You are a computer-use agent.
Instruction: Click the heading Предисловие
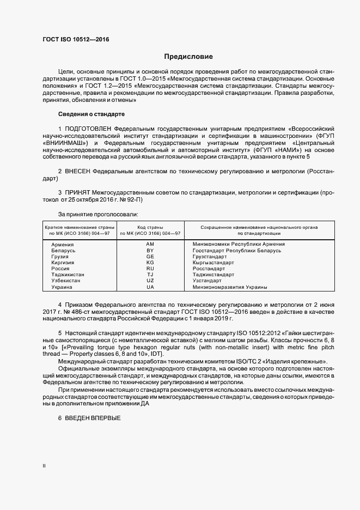point(189,57)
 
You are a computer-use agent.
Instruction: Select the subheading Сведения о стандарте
point(91,114)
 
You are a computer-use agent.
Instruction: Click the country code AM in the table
point(150,244)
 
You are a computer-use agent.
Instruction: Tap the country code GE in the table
point(150,256)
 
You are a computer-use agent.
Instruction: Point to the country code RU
point(150,269)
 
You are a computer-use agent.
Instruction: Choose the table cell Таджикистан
point(68,275)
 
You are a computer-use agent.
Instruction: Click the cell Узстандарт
point(209,281)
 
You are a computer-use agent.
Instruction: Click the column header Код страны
point(150,227)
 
